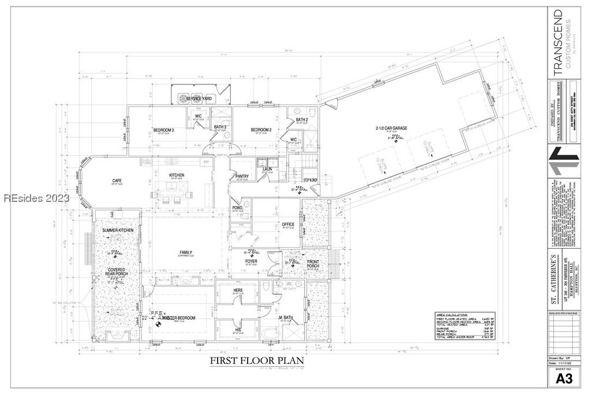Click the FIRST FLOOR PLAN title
(x=256, y=361)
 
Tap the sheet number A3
(x=564, y=378)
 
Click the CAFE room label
(x=117, y=181)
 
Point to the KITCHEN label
(x=176, y=175)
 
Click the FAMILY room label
(x=186, y=252)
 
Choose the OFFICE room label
(x=288, y=224)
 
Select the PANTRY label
(x=242, y=176)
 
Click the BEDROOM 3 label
(x=164, y=129)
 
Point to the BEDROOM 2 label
(x=261, y=129)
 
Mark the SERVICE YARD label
(x=198, y=99)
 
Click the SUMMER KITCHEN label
(x=118, y=230)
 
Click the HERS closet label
(x=237, y=290)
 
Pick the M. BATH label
(x=288, y=318)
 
